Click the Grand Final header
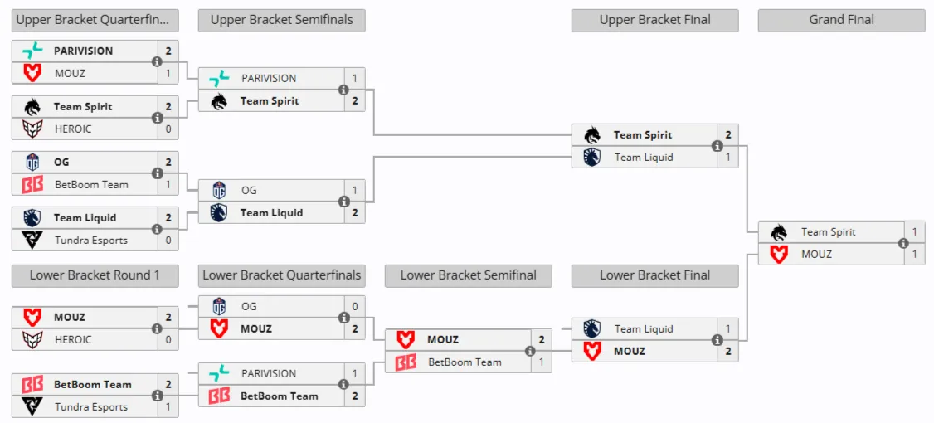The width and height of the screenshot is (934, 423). click(841, 20)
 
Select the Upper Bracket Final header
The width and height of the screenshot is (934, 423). click(654, 20)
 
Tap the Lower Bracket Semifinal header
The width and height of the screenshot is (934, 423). click(468, 275)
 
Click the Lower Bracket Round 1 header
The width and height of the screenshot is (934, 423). click(95, 275)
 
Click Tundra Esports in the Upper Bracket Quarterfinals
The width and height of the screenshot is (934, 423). click(91, 241)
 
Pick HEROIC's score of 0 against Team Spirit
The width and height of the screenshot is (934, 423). click(168, 129)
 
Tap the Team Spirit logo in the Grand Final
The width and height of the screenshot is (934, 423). click(778, 232)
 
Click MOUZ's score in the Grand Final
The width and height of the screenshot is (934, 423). click(915, 255)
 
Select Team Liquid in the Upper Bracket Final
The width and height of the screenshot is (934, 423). click(644, 158)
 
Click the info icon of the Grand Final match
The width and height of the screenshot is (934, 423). click(903, 243)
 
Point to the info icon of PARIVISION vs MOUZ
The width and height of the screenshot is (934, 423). click(158, 62)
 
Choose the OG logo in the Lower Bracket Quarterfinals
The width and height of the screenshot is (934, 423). click(219, 307)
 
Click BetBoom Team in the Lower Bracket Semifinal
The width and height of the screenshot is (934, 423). click(465, 362)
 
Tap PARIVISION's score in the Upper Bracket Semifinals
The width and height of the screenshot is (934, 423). click(355, 79)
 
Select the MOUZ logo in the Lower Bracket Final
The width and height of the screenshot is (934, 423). click(591, 352)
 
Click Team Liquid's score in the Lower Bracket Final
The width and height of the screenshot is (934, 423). click(728, 329)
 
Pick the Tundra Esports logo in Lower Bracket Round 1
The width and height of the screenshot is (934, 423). click(32, 407)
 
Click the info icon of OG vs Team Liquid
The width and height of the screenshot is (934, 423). click(343, 202)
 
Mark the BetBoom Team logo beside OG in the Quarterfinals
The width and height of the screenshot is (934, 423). click(32, 185)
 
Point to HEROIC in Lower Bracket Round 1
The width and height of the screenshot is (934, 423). click(73, 340)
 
